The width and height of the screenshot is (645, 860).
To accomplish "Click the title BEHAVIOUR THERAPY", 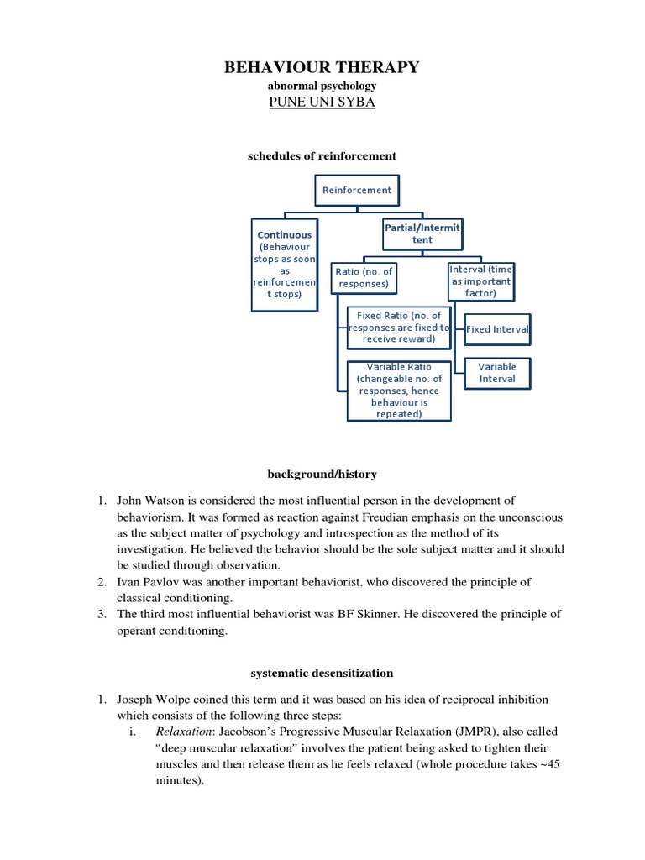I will (322, 68).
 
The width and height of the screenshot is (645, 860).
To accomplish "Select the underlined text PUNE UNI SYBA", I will (322, 102).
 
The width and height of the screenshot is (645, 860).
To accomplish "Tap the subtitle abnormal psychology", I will (322, 86).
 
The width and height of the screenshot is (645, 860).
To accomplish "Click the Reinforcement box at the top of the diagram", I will (357, 190).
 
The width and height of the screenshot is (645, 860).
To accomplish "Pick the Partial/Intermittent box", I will (422, 233).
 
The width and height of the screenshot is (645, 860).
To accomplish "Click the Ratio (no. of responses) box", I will (364, 278).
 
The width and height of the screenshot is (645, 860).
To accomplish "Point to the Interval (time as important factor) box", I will (480, 281).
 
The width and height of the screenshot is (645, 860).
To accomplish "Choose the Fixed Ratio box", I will (399, 328).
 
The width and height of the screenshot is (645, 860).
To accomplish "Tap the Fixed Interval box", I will (497, 329).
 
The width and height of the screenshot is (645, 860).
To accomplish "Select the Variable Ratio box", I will (399, 391).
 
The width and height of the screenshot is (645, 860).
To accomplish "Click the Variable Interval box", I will (497, 373).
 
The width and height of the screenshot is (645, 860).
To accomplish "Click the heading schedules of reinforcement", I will (322, 156).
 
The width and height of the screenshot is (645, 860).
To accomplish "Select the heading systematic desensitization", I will (322, 674).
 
